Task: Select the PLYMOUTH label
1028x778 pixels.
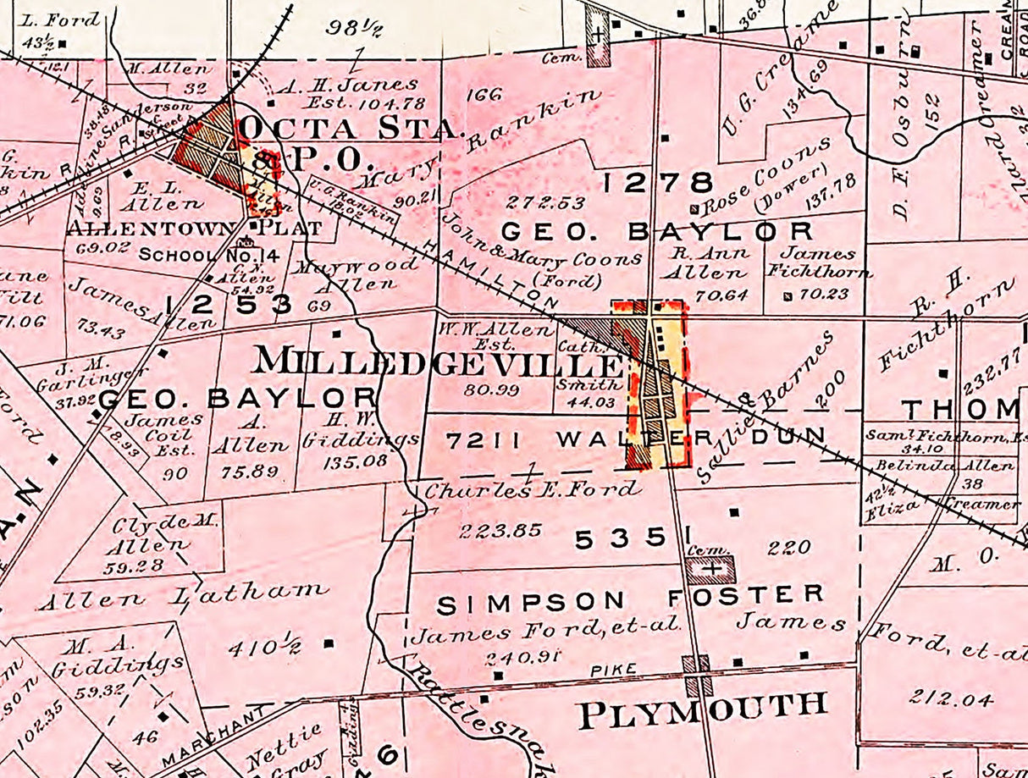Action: click(x=702, y=709)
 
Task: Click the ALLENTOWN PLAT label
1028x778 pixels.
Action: click(x=194, y=229)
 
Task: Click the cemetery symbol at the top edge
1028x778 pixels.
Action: click(x=598, y=36)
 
